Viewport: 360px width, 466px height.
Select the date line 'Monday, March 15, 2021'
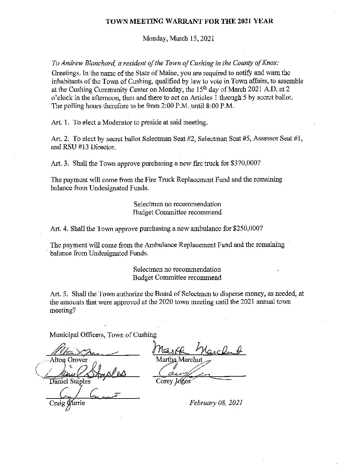point(178,38)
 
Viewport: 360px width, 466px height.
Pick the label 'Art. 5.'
point(59,294)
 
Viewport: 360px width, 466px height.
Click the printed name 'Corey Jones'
point(173,381)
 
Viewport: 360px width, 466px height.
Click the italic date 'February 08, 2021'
point(216,403)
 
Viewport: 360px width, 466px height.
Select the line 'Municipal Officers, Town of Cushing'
point(103,335)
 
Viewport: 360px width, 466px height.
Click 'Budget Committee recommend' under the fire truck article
point(177,212)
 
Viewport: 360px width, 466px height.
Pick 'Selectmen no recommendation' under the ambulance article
point(177,269)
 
